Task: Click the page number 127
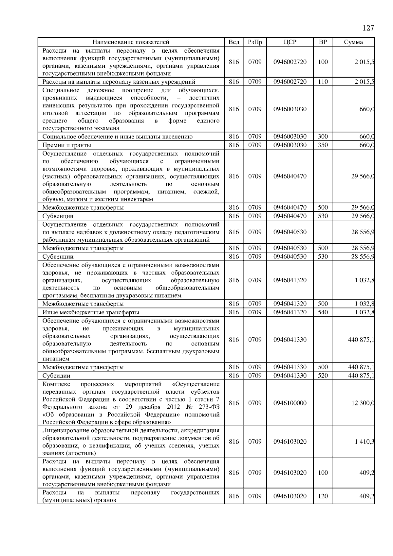pos(368,28)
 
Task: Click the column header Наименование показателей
pos(131,42)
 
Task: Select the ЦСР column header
pos(290,42)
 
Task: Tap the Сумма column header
pos(353,42)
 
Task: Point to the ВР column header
pos(323,42)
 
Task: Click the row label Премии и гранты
pos(67,145)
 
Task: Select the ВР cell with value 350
pos(323,145)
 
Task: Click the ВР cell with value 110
pos(323,82)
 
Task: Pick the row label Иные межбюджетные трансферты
pos(91,312)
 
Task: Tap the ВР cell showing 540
pos(323,312)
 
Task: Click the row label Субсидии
pos(56,376)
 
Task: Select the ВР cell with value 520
pos(323,376)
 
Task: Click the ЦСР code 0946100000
pos(290,403)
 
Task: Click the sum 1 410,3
pos(365,442)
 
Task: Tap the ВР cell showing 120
pos(323,496)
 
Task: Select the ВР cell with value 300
pos(323,137)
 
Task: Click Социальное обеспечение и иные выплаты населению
pos(118,137)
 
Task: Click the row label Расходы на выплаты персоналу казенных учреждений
pos(119,82)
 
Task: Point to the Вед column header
pos(234,42)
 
